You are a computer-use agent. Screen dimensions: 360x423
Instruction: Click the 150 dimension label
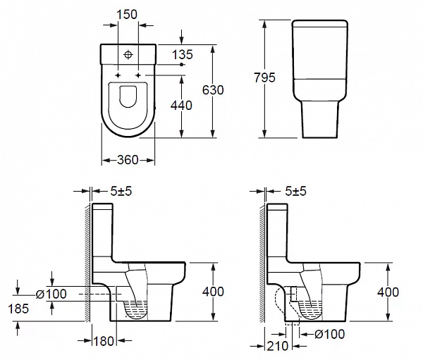click(127, 13)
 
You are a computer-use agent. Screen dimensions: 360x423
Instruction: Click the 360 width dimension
click(127, 160)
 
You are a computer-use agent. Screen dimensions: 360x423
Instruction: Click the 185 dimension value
click(20, 308)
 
